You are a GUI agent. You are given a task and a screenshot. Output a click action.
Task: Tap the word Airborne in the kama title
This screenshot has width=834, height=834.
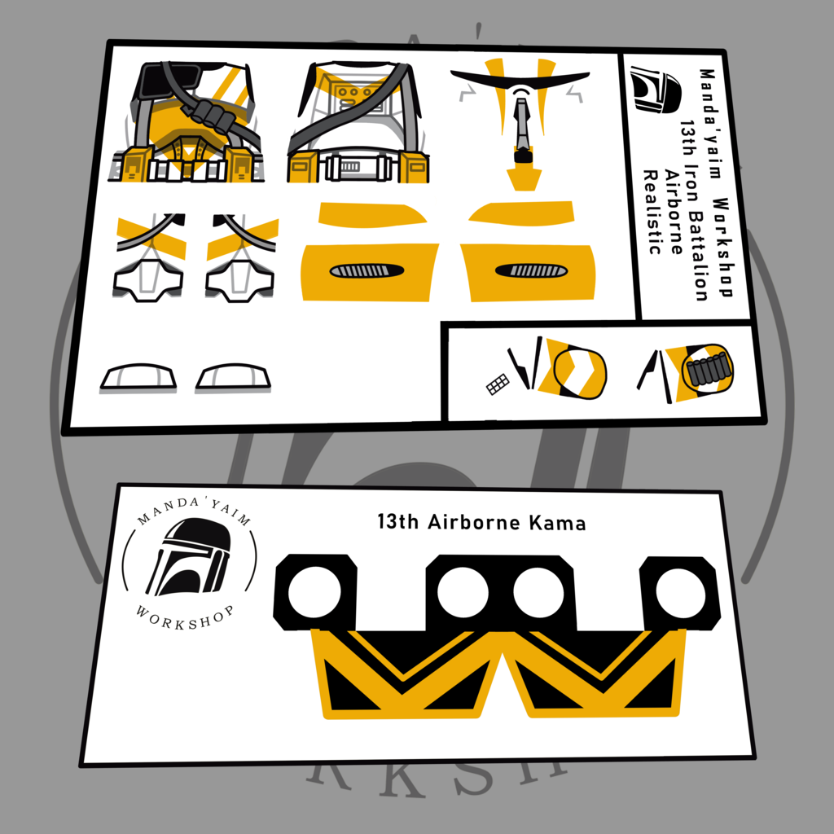474,522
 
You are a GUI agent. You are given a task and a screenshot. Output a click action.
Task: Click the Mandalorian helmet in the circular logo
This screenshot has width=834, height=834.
188,557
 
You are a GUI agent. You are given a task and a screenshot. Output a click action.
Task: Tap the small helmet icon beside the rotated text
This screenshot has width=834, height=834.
655,90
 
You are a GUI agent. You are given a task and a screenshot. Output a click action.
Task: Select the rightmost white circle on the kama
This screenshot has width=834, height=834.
680,593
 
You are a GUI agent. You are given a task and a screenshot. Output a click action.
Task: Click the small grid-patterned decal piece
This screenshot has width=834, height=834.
498,384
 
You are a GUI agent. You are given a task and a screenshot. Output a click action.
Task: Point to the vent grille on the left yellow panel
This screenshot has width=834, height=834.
367,271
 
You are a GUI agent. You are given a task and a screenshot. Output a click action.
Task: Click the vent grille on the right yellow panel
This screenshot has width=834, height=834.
531,270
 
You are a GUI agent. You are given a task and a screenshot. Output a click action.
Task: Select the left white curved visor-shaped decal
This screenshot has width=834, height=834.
138,378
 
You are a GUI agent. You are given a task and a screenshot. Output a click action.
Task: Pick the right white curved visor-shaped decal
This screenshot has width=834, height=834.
233,378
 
